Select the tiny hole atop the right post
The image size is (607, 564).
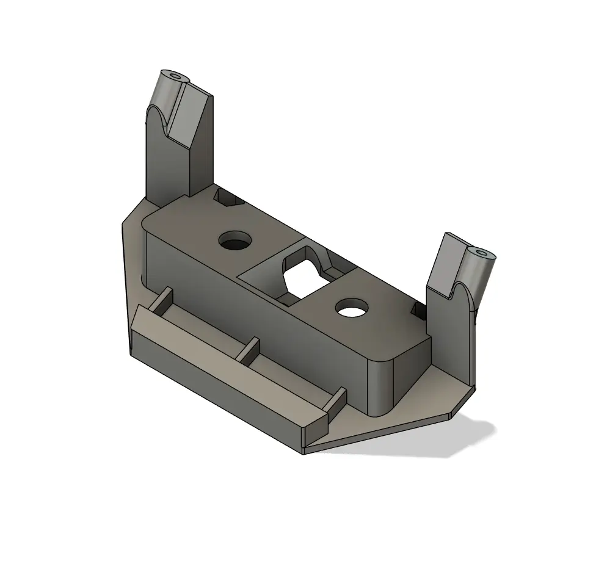pos(484,252)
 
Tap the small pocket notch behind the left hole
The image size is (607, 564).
pos(227,197)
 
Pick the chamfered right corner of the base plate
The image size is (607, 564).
pos(465,403)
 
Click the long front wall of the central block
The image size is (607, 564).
pos(256,311)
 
